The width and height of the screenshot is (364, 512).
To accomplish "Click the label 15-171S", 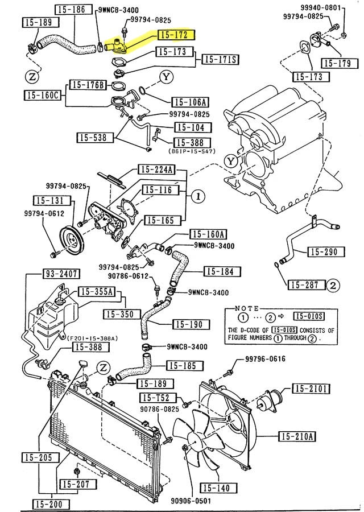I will tap(220, 59).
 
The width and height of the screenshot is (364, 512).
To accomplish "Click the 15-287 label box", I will tap(305, 284).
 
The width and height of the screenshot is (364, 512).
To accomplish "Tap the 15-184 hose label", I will tap(218, 271).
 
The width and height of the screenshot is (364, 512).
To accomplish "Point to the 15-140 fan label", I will tap(218, 488).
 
